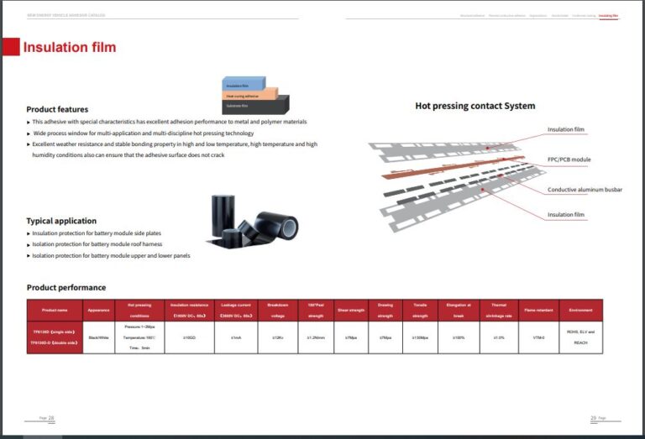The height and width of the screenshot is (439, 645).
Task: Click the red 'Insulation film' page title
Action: click(70, 48)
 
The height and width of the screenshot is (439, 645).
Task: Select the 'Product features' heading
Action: click(57, 109)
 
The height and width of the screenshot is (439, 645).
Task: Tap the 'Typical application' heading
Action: click(61, 221)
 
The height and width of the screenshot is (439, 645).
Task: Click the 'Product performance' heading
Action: click(66, 287)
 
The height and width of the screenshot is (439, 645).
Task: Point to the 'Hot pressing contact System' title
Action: click(475, 106)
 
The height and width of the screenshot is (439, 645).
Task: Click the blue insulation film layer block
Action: click(244, 85)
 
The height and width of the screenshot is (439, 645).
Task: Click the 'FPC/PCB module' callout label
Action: click(569, 159)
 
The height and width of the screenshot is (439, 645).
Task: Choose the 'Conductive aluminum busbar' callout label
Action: click(585, 190)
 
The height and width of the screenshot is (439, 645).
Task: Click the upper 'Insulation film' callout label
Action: click(565, 129)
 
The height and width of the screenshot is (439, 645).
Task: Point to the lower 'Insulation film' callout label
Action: click(565, 215)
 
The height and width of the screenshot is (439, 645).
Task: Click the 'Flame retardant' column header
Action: click(537, 310)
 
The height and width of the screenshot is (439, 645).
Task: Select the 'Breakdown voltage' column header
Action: click(278, 310)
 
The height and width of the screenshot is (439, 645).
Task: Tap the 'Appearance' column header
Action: click(99, 310)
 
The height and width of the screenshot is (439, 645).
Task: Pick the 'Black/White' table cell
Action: click(99, 337)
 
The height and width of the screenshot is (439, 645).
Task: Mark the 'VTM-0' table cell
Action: click(537, 337)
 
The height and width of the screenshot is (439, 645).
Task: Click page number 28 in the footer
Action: click(50, 418)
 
